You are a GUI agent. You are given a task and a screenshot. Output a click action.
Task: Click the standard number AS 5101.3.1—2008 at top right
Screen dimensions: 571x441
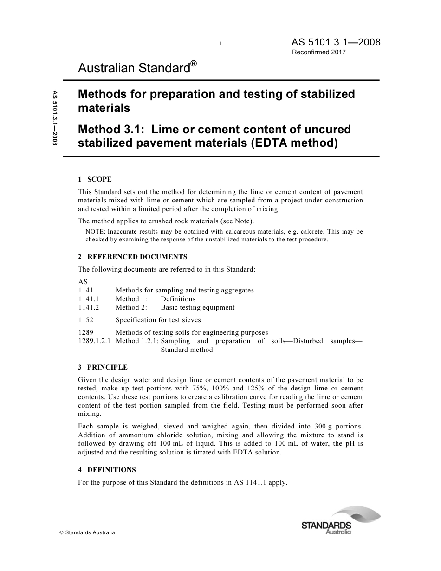pos(336,42)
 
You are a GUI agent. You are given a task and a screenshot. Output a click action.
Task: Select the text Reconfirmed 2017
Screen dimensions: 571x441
pos(318,52)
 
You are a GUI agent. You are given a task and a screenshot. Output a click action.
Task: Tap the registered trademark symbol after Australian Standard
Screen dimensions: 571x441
pos(194,64)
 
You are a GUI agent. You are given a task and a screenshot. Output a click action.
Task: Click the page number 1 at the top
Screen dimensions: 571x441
pos(220,44)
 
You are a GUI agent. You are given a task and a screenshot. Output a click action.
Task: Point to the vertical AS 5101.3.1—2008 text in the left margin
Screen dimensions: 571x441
pos(55,118)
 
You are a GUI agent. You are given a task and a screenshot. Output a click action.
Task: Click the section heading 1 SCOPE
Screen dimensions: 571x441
pos(95,179)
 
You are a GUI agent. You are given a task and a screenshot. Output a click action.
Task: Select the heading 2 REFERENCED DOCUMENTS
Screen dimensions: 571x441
pos(133,257)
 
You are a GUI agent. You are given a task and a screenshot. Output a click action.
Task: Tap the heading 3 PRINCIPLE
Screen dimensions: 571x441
pos(103,367)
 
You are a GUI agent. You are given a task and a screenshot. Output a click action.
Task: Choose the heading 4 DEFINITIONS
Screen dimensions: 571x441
pos(107,470)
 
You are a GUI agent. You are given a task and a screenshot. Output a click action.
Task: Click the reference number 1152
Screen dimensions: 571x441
pos(86,320)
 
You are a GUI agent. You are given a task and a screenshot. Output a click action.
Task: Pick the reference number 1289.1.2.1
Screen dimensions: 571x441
pos(94,341)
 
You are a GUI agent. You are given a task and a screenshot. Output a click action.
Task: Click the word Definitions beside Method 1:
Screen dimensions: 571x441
pos(178,299)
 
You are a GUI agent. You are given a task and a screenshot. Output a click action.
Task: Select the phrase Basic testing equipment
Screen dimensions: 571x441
pos(197,307)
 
